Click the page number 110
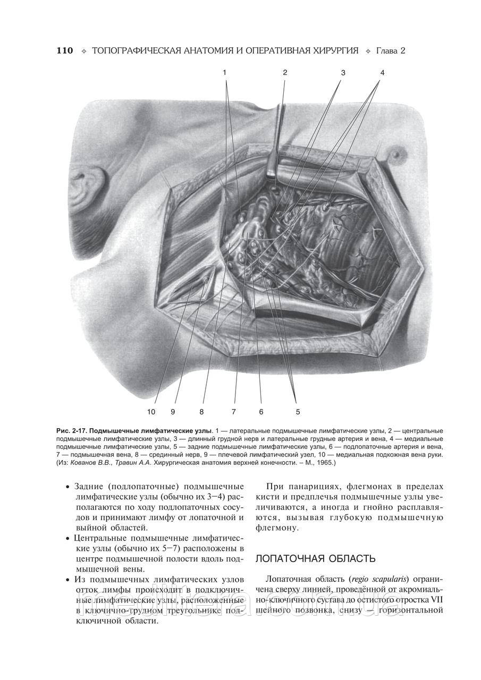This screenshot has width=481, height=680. (64, 51)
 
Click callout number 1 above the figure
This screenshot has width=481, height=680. (225, 72)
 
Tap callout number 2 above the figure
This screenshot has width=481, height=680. (285, 72)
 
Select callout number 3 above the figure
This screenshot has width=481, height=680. (343, 72)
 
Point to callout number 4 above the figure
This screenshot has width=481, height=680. (382, 72)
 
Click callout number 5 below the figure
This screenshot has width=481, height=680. (298, 411)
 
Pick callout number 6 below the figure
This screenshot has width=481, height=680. (261, 411)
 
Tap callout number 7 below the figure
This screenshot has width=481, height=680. (233, 411)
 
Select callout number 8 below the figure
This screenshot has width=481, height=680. (202, 411)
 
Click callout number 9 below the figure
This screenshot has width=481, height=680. (173, 411)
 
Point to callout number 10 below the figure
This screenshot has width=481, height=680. (151, 411)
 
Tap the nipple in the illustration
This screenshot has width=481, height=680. (396, 154)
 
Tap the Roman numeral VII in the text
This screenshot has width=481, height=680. (435, 600)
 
